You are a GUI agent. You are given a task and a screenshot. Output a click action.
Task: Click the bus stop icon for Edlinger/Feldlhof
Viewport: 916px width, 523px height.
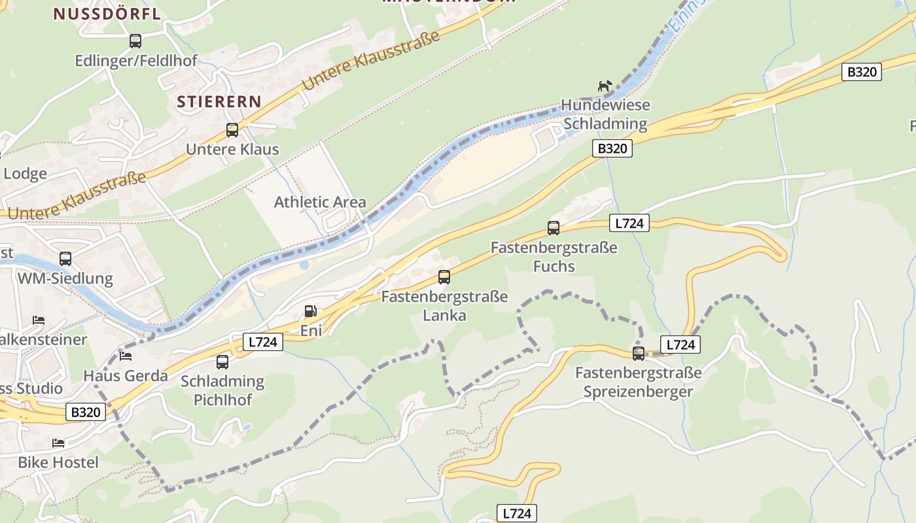pos(135,41)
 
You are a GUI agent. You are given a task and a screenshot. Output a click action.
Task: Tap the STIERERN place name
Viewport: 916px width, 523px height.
pos(219,102)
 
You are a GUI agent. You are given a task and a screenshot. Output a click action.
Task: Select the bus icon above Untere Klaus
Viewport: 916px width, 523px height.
pos(232,130)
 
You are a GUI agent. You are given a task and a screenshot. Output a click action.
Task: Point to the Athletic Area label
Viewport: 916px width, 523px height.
pos(320,202)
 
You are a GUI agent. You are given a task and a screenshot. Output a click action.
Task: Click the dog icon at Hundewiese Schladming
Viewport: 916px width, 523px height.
pos(605,86)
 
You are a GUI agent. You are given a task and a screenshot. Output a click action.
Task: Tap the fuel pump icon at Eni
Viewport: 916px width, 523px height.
pos(311,311)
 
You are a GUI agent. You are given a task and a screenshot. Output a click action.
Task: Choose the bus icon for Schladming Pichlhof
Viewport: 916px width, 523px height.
pos(222,362)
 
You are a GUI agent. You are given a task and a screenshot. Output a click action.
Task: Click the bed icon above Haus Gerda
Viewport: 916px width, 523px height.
pos(126,356)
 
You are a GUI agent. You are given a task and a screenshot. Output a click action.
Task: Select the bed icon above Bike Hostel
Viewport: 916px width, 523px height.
pos(58,443)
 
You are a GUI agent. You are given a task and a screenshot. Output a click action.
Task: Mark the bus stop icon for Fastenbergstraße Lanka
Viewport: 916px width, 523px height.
pos(444,277)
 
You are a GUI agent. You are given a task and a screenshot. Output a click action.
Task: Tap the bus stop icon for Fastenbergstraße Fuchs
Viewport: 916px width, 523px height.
pos(554,228)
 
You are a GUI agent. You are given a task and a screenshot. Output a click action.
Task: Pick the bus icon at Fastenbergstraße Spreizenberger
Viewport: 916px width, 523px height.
pos(639,354)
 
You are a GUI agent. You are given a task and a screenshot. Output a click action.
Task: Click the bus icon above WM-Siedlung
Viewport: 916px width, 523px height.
pos(65,259)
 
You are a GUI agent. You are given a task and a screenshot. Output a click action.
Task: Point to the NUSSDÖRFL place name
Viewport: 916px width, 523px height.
pos(107,14)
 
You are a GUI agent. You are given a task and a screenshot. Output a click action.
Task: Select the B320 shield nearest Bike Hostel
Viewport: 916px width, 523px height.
pos(85,413)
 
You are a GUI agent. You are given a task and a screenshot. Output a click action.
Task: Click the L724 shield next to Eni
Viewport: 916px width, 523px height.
pos(263,342)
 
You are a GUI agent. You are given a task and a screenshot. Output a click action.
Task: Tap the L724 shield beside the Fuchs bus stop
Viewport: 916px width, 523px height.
pos(629,223)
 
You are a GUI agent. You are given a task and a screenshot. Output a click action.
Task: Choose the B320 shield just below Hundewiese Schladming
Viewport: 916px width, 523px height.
pos(612,148)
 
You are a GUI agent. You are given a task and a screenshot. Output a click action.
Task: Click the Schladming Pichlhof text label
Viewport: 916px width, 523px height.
pos(222,390)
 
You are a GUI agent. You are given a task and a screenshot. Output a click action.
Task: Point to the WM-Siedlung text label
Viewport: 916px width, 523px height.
pos(65,279)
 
